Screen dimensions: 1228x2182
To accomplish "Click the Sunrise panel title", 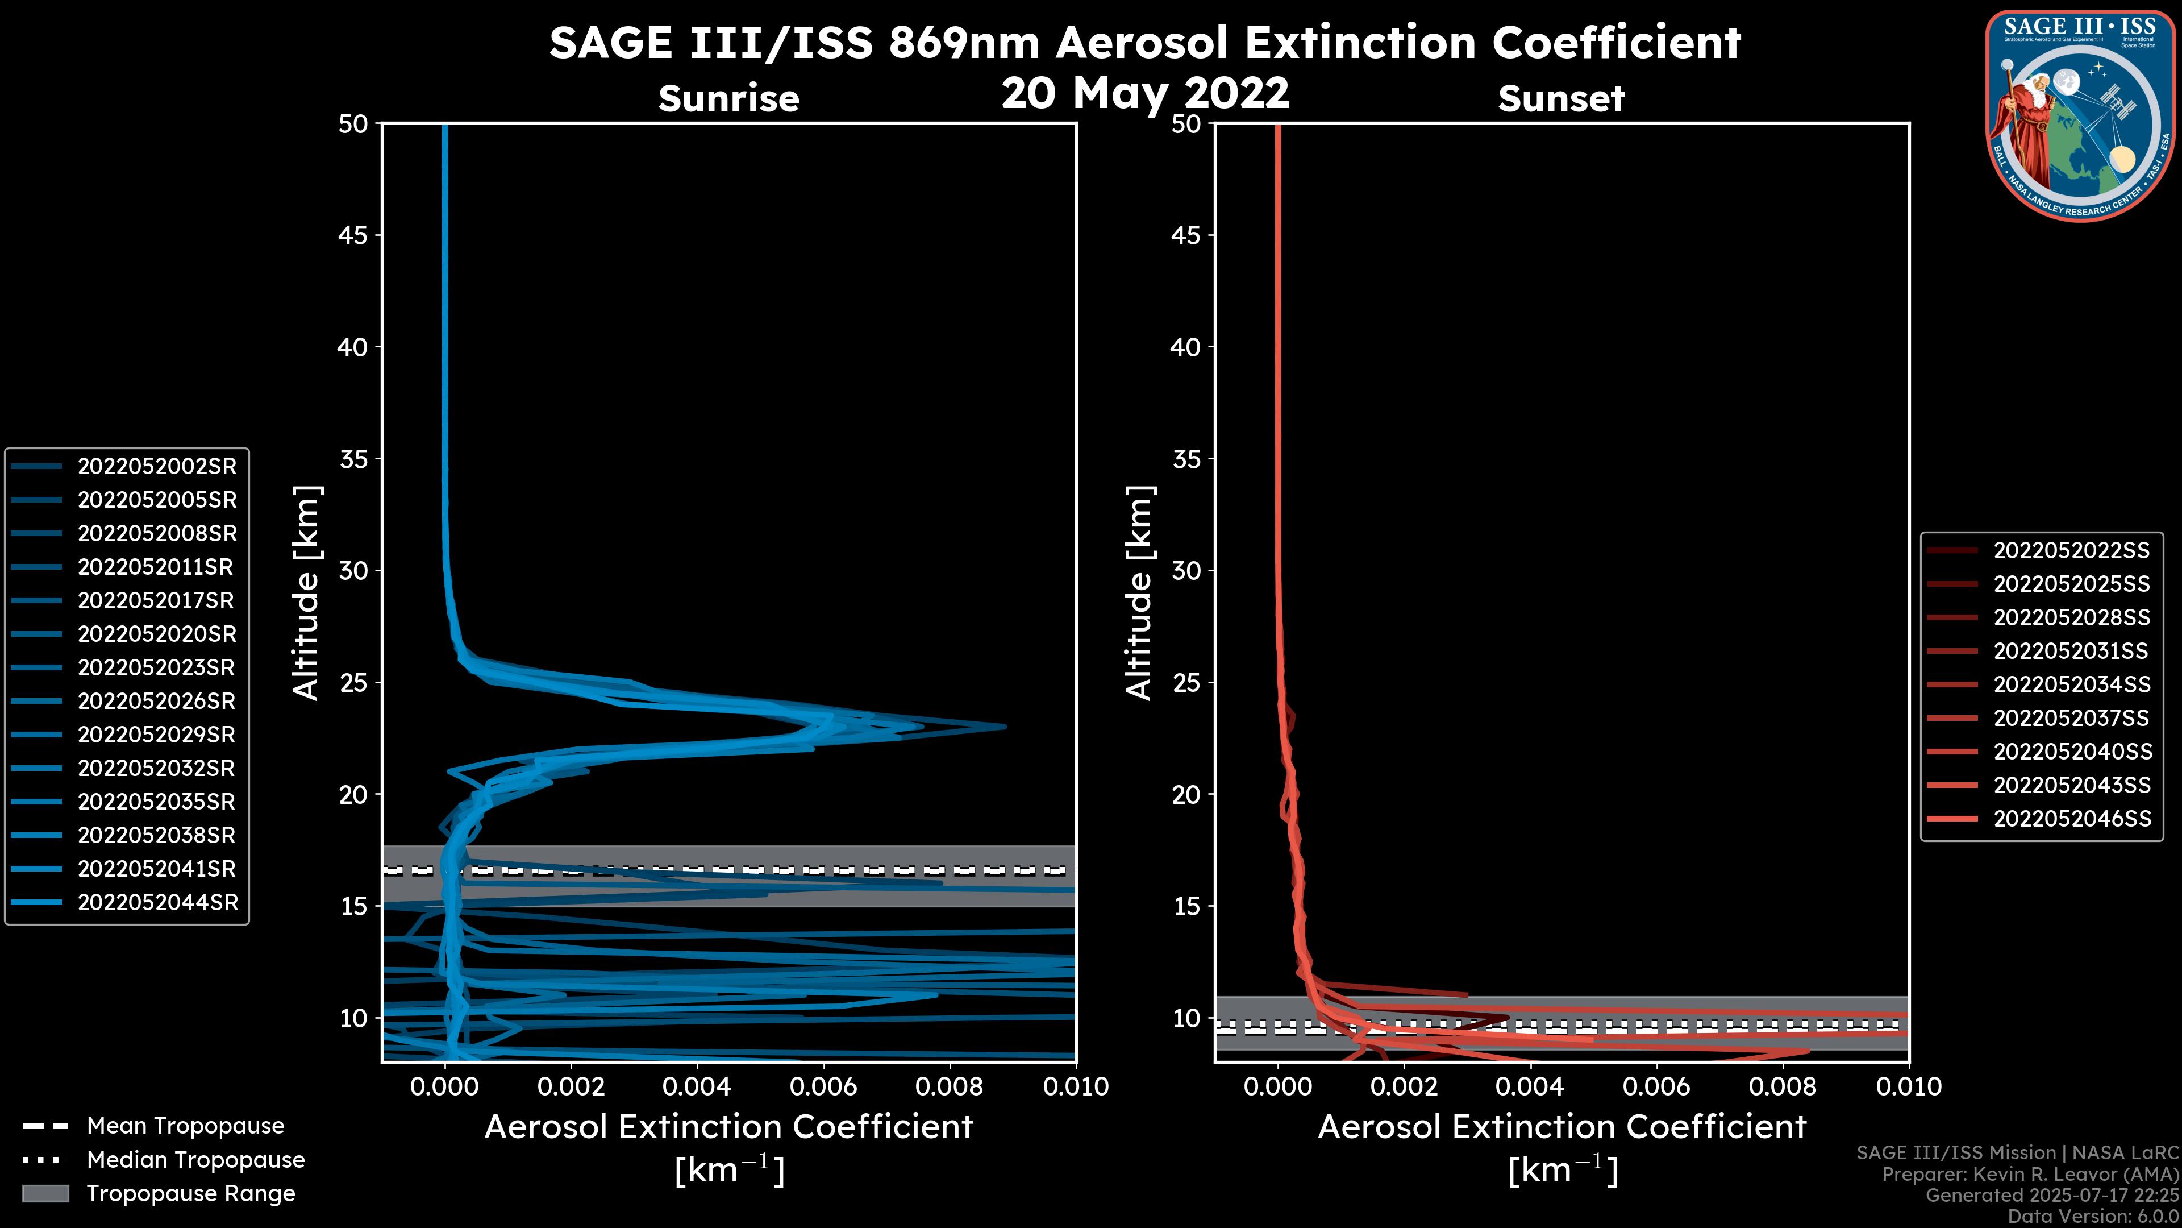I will [728, 98].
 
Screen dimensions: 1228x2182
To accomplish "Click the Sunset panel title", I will [1561, 98].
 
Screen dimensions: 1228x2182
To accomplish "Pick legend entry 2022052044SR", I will [157, 903].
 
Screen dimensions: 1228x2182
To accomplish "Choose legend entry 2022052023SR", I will [156, 668].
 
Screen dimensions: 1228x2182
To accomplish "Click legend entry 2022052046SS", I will [2072, 819].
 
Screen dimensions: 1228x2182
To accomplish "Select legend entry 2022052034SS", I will [2072, 684].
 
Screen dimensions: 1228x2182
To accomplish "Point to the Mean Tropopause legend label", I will [185, 1126].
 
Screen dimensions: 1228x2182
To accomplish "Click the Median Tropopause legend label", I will [195, 1160].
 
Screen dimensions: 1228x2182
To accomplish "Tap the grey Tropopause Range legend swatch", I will [45, 1193].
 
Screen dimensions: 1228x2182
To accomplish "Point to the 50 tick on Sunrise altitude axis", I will [354, 124].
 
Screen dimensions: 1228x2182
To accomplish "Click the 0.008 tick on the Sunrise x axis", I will [950, 1086].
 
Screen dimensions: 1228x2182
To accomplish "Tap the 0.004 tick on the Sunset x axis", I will [1531, 1086].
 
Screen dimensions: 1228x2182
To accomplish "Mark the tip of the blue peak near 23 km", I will [1005, 727].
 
